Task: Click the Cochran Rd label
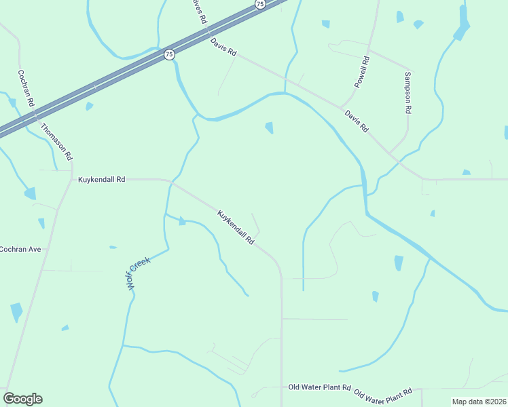[26, 88]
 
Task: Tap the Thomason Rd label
[56, 141]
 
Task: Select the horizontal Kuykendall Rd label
[102, 180]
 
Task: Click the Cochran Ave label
[20, 249]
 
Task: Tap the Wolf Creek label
[138, 274]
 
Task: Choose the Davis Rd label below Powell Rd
[356, 121]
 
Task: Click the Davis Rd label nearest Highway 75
[223, 47]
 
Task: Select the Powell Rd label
[363, 72]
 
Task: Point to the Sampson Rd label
[407, 92]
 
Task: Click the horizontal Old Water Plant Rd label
[319, 387]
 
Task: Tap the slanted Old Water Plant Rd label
[383, 395]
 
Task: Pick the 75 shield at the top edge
[260, 4]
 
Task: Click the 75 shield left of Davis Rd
[168, 54]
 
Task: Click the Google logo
[22, 399]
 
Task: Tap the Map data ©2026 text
[479, 402]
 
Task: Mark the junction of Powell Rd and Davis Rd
[341, 107]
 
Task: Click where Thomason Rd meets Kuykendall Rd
[72, 180]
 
